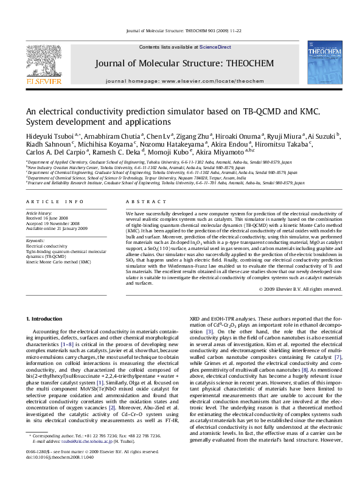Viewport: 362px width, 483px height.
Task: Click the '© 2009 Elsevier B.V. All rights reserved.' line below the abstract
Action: click(x=298, y=288)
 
